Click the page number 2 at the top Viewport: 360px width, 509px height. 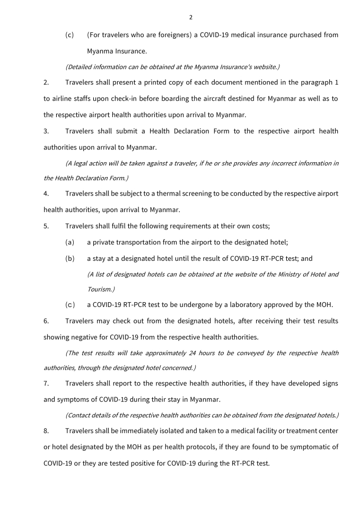click(x=190, y=17)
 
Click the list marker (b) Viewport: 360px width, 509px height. click(x=69, y=258)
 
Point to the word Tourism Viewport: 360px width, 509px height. click(x=99, y=289)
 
